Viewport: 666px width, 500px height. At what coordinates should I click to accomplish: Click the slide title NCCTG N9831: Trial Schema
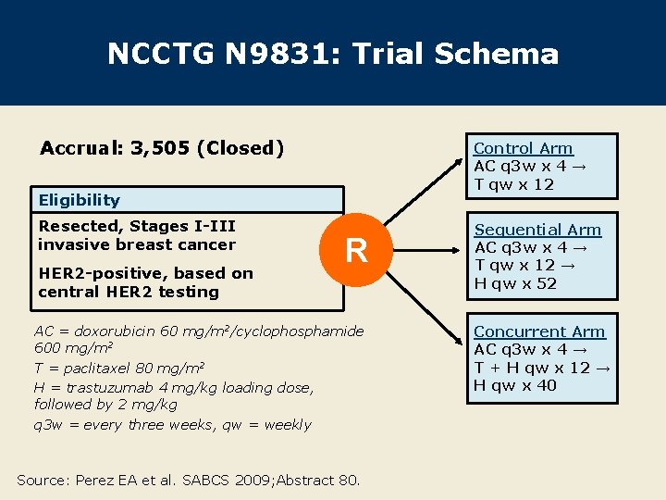point(333,54)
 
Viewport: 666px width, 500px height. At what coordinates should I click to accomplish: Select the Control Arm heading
point(523,148)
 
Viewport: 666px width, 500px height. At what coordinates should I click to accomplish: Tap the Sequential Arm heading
point(537,230)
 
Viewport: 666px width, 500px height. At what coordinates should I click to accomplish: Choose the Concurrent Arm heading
point(539,331)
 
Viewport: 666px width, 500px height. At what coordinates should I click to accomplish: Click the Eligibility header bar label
point(79,200)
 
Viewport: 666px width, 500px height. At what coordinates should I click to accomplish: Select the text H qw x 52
point(515,283)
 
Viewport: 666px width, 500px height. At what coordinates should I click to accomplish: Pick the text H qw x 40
point(515,385)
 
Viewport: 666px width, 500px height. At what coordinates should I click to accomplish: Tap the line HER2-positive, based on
point(145,273)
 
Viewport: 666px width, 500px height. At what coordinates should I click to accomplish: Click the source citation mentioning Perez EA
point(189,480)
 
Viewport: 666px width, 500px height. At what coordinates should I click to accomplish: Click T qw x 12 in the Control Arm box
point(513,183)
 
